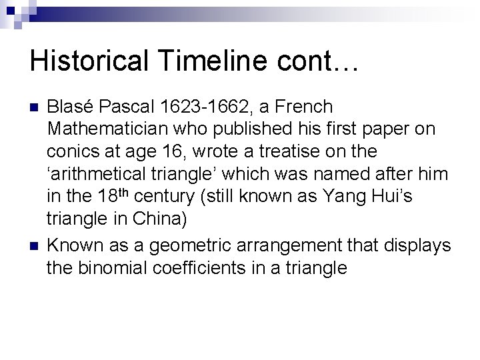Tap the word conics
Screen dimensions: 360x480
[x=68, y=151]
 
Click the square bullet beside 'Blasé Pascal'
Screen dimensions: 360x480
[x=34, y=107]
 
